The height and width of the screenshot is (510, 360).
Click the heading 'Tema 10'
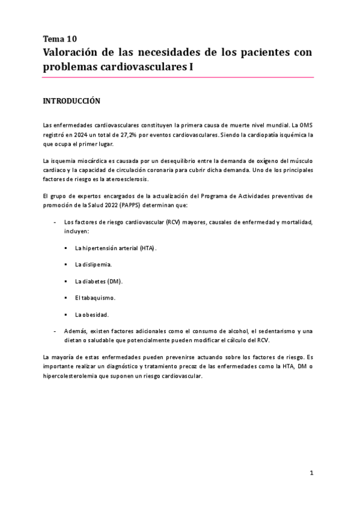[59, 39]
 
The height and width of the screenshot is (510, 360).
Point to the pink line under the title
[178, 78]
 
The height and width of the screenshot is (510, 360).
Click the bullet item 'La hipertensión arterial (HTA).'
[115, 248]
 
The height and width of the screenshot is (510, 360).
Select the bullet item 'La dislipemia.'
[93, 265]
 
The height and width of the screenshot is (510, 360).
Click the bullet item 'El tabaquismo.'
[95, 298]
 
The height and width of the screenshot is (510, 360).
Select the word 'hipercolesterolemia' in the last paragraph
[69, 376]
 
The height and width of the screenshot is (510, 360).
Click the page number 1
[312, 473]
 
